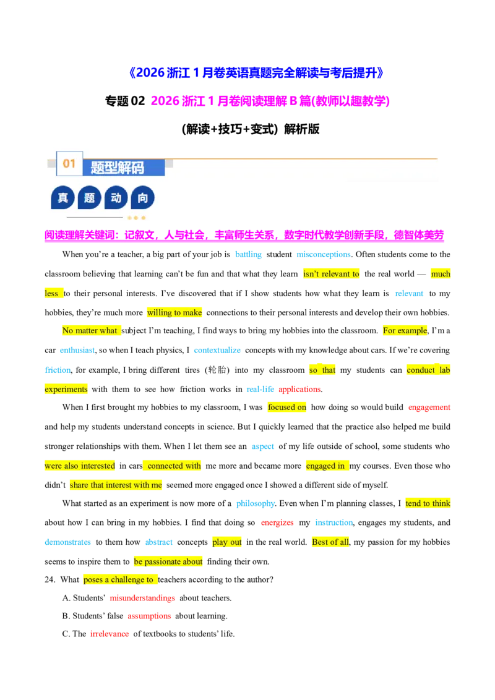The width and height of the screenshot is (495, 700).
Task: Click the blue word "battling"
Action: (x=248, y=255)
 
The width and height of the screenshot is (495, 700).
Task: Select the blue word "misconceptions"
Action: (x=324, y=255)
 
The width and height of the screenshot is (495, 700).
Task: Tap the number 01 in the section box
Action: (x=69, y=164)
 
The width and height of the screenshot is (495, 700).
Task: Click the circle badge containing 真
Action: (x=62, y=198)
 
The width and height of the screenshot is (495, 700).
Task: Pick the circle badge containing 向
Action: (x=142, y=198)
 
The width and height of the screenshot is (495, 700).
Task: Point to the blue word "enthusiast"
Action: (x=77, y=351)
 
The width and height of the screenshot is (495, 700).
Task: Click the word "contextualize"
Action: (x=217, y=351)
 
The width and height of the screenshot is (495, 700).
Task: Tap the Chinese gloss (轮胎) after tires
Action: (x=217, y=370)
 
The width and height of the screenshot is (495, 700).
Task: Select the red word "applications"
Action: (x=299, y=390)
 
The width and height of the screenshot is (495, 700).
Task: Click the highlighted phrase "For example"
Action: (x=405, y=331)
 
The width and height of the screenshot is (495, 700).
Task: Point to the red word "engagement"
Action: (x=429, y=407)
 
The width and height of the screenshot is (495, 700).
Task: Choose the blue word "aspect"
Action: (x=263, y=446)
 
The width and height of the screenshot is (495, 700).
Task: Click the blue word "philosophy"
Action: (x=256, y=503)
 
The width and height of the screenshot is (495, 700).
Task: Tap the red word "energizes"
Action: (x=277, y=523)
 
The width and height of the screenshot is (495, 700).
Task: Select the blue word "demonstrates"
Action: (x=67, y=542)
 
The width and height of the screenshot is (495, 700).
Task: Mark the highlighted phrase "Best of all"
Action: (x=330, y=542)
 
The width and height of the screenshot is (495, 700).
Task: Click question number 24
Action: (x=50, y=580)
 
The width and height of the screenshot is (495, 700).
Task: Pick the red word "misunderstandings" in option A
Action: (x=142, y=598)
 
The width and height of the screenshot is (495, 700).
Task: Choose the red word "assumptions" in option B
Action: (x=149, y=616)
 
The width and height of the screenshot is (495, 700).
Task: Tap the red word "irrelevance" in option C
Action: (x=110, y=634)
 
